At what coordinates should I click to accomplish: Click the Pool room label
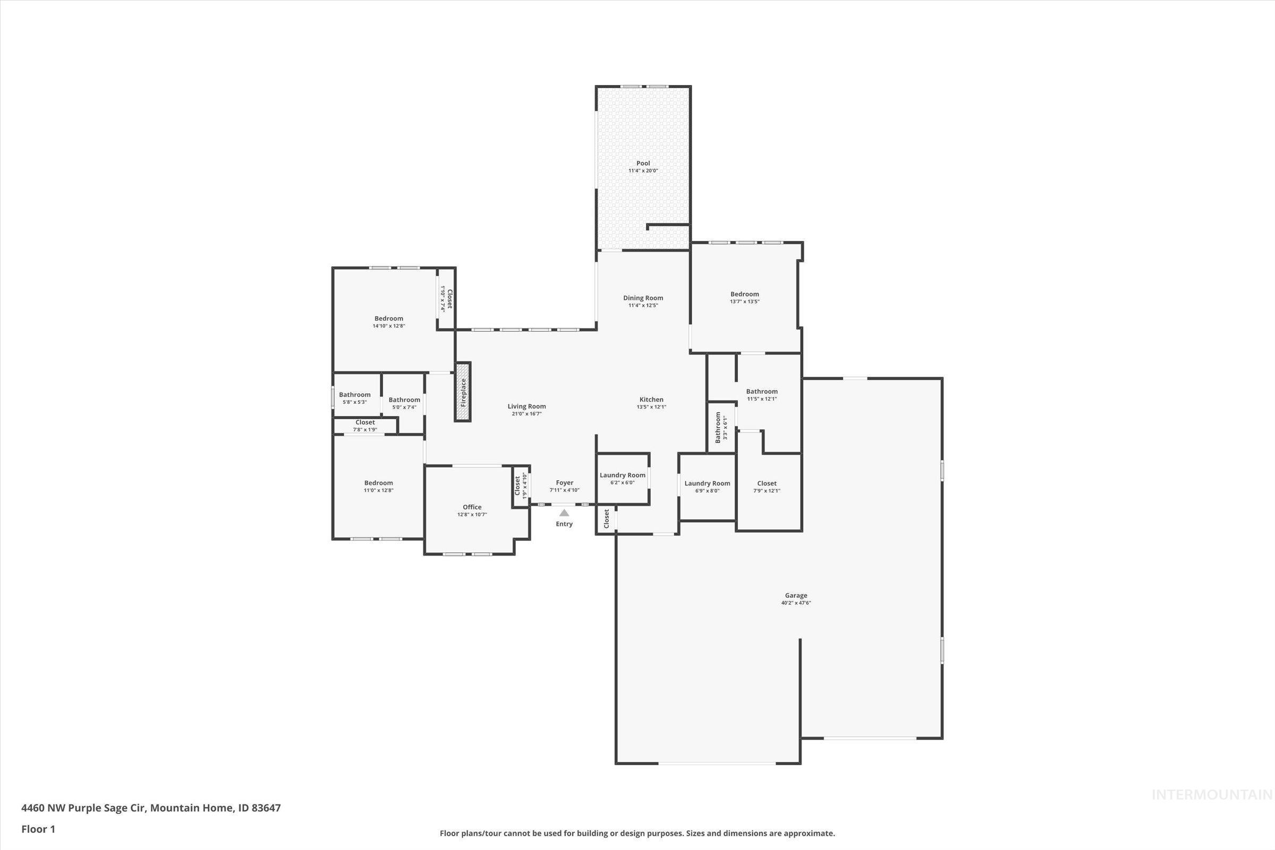tap(643, 163)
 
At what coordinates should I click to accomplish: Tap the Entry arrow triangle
tap(564, 513)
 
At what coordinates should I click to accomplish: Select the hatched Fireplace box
tap(462, 392)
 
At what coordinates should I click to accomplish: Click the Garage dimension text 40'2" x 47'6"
tap(796, 603)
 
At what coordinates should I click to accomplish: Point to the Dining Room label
tap(643, 297)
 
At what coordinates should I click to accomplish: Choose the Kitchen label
tap(651, 399)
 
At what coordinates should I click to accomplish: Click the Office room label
tap(472, 507)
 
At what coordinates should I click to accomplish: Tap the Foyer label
tap(564, 482)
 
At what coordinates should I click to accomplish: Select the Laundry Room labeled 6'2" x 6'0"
tap(622, 475)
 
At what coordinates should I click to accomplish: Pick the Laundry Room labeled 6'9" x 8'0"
tap(707, 483)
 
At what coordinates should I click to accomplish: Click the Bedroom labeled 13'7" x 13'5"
tap(744, 294)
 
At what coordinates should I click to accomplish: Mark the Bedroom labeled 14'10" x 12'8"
tap(389, 319)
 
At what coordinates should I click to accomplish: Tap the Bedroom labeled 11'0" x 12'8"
tap(378, 483)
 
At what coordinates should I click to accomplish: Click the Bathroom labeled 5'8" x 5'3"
tap(354, 395)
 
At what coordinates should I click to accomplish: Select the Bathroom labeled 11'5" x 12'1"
tap(762, 392)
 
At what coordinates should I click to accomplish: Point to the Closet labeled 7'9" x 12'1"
tap(767, 483)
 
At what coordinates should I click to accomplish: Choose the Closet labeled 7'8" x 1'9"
tap(365, 422)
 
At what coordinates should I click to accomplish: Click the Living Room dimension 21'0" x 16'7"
tap(526, 414)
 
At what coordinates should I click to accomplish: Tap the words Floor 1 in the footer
tap(38, 829)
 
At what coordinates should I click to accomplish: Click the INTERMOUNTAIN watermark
tap(1212, 795)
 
